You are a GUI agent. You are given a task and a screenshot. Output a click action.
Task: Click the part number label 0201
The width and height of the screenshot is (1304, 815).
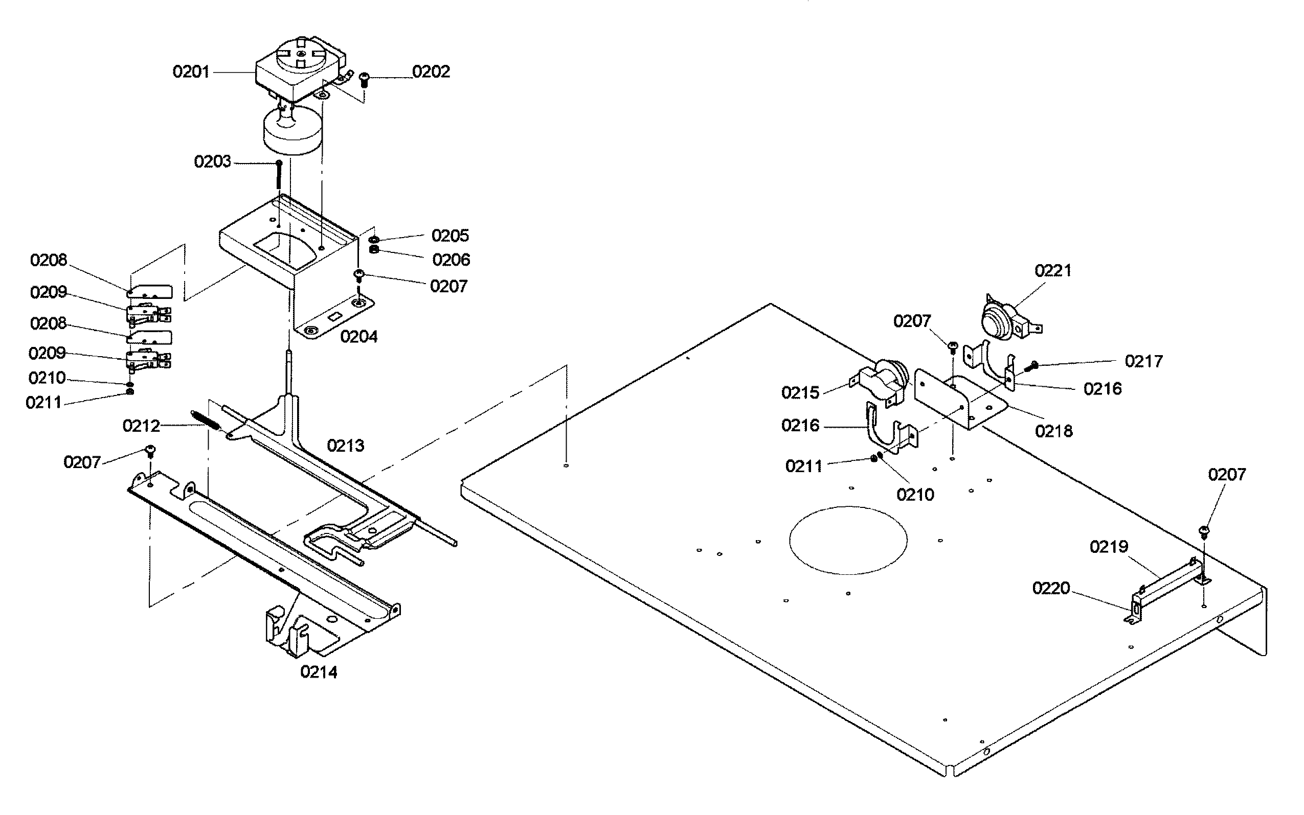point(191,72)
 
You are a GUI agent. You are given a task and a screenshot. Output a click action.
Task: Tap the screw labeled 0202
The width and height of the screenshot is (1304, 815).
point(364,79)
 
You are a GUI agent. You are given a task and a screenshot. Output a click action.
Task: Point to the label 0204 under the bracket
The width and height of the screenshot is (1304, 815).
point(358,337)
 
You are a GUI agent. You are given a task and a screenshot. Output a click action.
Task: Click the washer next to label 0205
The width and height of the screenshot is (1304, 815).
point(373,239)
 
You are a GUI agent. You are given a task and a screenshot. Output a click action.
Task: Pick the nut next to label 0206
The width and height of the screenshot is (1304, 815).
point(373,249)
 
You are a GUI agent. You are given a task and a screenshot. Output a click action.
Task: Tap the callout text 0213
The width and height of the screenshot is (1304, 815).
point(346,446)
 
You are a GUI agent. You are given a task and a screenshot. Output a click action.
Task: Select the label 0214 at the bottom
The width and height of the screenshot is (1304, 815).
point(319,672)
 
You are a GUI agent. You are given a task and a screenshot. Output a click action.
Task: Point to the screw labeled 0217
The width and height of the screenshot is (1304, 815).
point(1033,366)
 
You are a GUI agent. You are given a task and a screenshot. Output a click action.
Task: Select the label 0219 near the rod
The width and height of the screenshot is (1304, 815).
point(1109,547)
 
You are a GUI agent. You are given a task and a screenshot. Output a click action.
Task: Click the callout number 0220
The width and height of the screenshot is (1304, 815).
point(1051,588)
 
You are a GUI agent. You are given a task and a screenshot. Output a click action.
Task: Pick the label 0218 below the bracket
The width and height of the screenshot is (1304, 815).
point(1054,431)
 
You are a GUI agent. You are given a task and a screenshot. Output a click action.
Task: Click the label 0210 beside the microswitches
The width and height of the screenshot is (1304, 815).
point(47,378)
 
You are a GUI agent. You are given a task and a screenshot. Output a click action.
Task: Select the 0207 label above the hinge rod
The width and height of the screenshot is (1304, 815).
point(1227,475)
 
